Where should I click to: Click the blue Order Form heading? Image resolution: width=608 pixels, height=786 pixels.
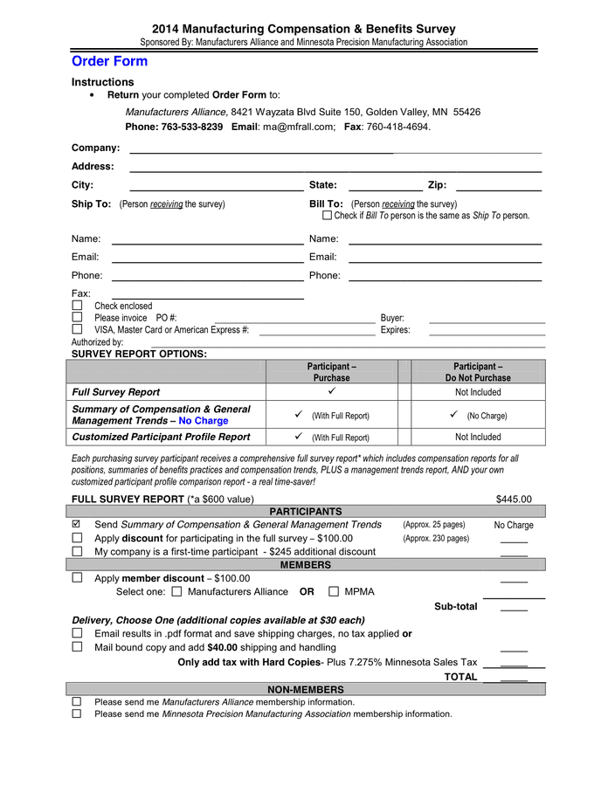pyautogui.click(x=109, y=61)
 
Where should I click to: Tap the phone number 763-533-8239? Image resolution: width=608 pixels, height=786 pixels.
pyautogui.click(x=191, y=127)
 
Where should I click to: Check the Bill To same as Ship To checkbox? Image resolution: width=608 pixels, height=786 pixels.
pyautogui.click(x=328, y=216)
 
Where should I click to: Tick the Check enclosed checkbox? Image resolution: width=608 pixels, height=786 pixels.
pyautogui.click(x=77, y=306)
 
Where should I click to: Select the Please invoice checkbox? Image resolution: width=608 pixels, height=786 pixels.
pyautogui.click(x=77, y=318)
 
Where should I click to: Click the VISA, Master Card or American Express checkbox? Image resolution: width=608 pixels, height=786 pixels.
pyautogui.click(x=77, y=330)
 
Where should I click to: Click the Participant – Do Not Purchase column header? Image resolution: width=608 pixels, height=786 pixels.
pyautogui.click(x=478, y=372)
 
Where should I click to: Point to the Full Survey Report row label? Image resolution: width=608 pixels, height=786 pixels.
pyautogui.click(x=116, y=392)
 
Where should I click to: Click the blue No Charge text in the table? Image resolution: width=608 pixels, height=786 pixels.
pyautogui.click(x=203, y=421)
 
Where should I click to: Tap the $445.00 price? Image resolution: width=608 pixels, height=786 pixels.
pyautogui.click(x=514, y=500)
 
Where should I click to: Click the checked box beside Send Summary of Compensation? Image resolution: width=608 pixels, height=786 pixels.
pyautogui.click(x=77, y=524)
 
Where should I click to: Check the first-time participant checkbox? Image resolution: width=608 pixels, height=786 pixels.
pyautogui.click(x=77, y=551)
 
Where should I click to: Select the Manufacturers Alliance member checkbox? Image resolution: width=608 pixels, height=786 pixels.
pyautogui.click(x=177, y=592)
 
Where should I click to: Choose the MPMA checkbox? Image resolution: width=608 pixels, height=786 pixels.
pyautogui.click(x=334, y=592)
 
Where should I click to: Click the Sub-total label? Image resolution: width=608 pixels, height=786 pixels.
pyautogui.click(x=456, y=606)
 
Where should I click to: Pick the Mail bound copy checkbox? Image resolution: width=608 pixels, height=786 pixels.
pyautogui.click(x=77, y=647)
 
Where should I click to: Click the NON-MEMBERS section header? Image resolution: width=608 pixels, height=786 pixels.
pyautogui.click(x=306, y=689)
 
